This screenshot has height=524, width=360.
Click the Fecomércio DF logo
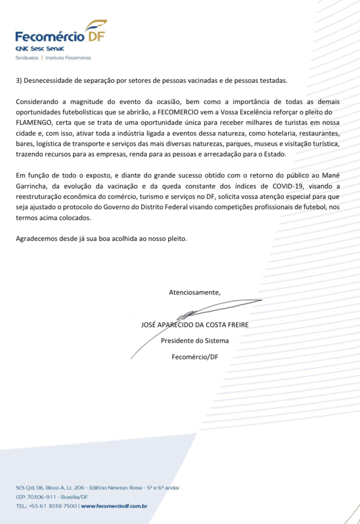click(x=60, y=34)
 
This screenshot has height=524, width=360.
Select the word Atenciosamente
click(x=195, y=292)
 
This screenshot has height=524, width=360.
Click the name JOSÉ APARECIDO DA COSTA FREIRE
click(x=195, y=325)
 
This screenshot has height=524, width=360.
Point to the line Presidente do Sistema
click(x=195, y=341)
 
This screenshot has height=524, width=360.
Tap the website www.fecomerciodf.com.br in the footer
click(x=115, y=506)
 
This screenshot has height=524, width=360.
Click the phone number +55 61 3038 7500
click(x=53, y=506)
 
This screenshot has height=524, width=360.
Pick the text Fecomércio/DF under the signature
click(x=195, y=357)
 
